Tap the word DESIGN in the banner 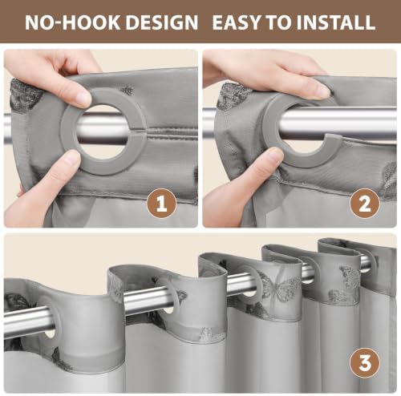pyautogui.click(x=162, y=22)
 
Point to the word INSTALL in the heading pyautogui.click(x=336, y=22)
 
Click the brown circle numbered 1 pyautogui.click(x=162, y=203)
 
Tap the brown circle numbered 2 pyautogui.click(x=365, y=203)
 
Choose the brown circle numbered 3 pyautogui.click(x=365, y=363)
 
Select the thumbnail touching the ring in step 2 pyautogui.click(x=273, y=156)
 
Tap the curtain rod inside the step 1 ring pyautogui.click(x=103, y=129)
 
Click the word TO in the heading pyautogui.click(x=280, y=22)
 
